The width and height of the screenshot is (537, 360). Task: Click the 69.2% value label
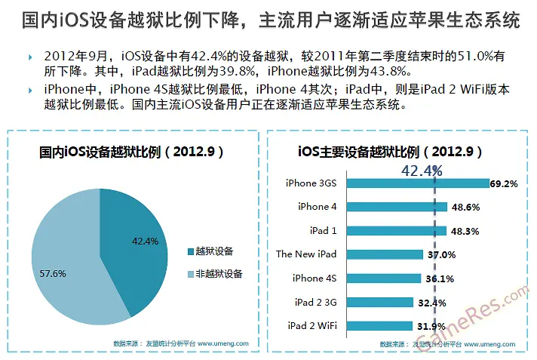click(504, 183)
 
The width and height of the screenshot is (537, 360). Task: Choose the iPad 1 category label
click(323, 230)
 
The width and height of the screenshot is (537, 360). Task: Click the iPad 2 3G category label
click(316, 302)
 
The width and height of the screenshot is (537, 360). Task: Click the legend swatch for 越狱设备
click(190, 251)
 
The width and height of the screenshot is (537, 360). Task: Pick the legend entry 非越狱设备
click(219, 274)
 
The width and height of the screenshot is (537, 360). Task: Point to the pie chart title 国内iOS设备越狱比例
click(132, 152)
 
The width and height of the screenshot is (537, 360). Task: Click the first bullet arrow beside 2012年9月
click(29, 57)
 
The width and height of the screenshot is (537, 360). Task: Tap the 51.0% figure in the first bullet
click(465, 57)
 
